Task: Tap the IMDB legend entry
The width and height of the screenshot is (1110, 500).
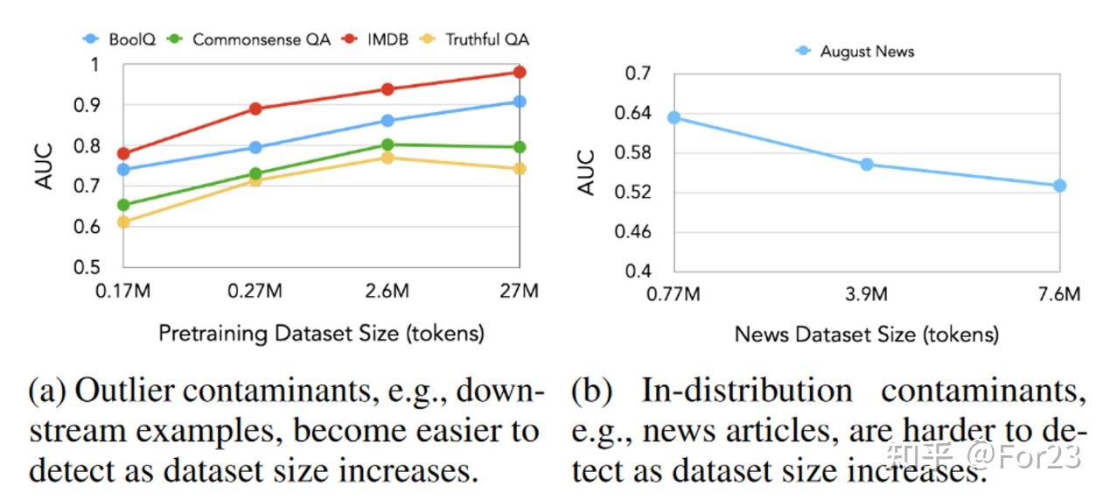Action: click(x=378, y=39)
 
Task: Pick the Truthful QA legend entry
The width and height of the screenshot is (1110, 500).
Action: click(x=476, y=39)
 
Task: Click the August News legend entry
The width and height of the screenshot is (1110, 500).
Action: click(x=855, y=51)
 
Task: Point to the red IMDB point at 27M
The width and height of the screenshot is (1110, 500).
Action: click(x=519, y=72)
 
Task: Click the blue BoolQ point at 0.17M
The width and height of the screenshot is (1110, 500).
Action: click(x=123, y=169)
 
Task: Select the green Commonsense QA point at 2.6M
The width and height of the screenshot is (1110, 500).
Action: click(x=387, y=144)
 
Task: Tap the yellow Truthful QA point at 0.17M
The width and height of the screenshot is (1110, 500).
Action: click(x=123, y=222)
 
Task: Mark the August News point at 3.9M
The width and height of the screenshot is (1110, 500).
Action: click(x=867, y=164)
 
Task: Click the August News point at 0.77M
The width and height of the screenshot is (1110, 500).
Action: click(x=674, y=117)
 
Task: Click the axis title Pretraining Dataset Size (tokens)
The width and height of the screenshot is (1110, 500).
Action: click(x=321, y=333)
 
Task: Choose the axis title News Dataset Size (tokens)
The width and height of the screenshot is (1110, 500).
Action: click(x=866, y=334)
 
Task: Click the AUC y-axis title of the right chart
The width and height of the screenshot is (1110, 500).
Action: click(x=587, y=172)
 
